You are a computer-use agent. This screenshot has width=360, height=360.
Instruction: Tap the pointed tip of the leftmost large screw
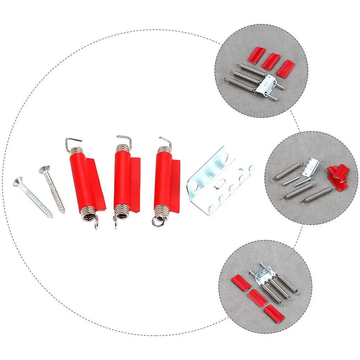[52, 216]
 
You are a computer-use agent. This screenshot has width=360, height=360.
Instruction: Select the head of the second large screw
[45, 169]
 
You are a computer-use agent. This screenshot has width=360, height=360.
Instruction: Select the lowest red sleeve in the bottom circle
[274, 313]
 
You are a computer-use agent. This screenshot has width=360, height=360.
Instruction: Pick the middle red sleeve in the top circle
[271, 61]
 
